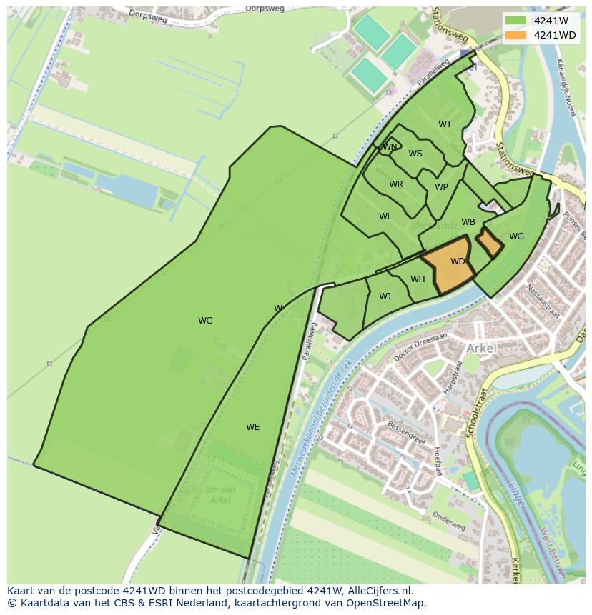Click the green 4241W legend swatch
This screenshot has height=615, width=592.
[x=515, y=21]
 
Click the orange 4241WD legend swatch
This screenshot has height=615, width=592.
[x=515, y=35]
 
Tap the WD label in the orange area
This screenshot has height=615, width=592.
[x=458, y=261]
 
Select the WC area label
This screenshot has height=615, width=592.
[x=205, y=321]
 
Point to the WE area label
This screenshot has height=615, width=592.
[x=252, y=427]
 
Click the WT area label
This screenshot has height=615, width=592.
[x=445, y=124]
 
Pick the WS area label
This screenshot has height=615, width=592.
[x=415, y=154]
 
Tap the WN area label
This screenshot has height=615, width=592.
[x=389, y=147]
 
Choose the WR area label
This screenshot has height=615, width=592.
[x=396, y=184]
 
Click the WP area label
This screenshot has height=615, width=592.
[x=441, y=187]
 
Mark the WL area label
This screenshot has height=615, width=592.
[x=385, y=216]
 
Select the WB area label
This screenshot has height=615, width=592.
[x=468, y=222]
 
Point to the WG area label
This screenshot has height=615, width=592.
[x=516, y=236]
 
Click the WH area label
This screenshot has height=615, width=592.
[x=418, y=279]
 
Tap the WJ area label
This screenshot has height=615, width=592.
[x=385, y=296]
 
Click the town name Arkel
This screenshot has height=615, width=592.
[x=480, y=348]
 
